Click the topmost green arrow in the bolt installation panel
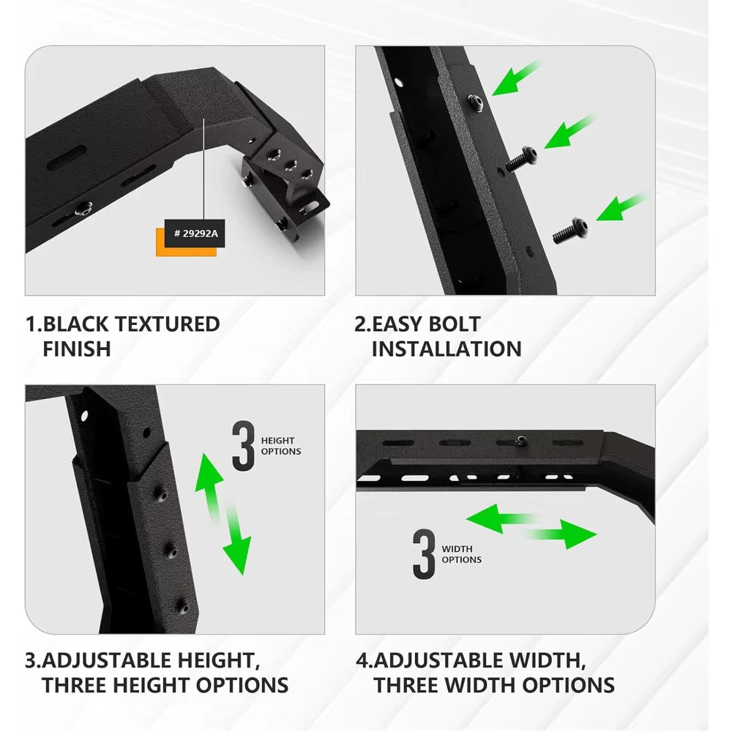(x=517, y=78)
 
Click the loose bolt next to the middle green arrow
(x=523, y=159)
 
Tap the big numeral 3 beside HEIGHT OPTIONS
(x=243, y=446)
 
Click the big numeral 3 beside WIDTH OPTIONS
(x=424, y=554)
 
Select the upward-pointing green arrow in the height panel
(x=209, y=483)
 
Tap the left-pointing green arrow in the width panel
(x=498, y=518)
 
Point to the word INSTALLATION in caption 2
(x=447, y=349)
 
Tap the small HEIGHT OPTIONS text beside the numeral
(x=281, y=446)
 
